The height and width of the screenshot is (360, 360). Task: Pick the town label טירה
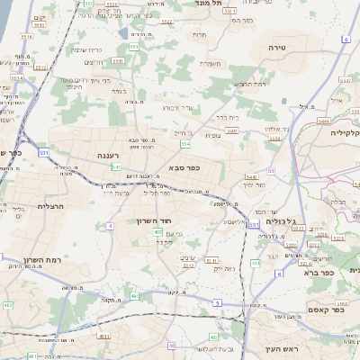click(277, 44)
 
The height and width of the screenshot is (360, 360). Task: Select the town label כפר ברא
click(318, 271)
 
